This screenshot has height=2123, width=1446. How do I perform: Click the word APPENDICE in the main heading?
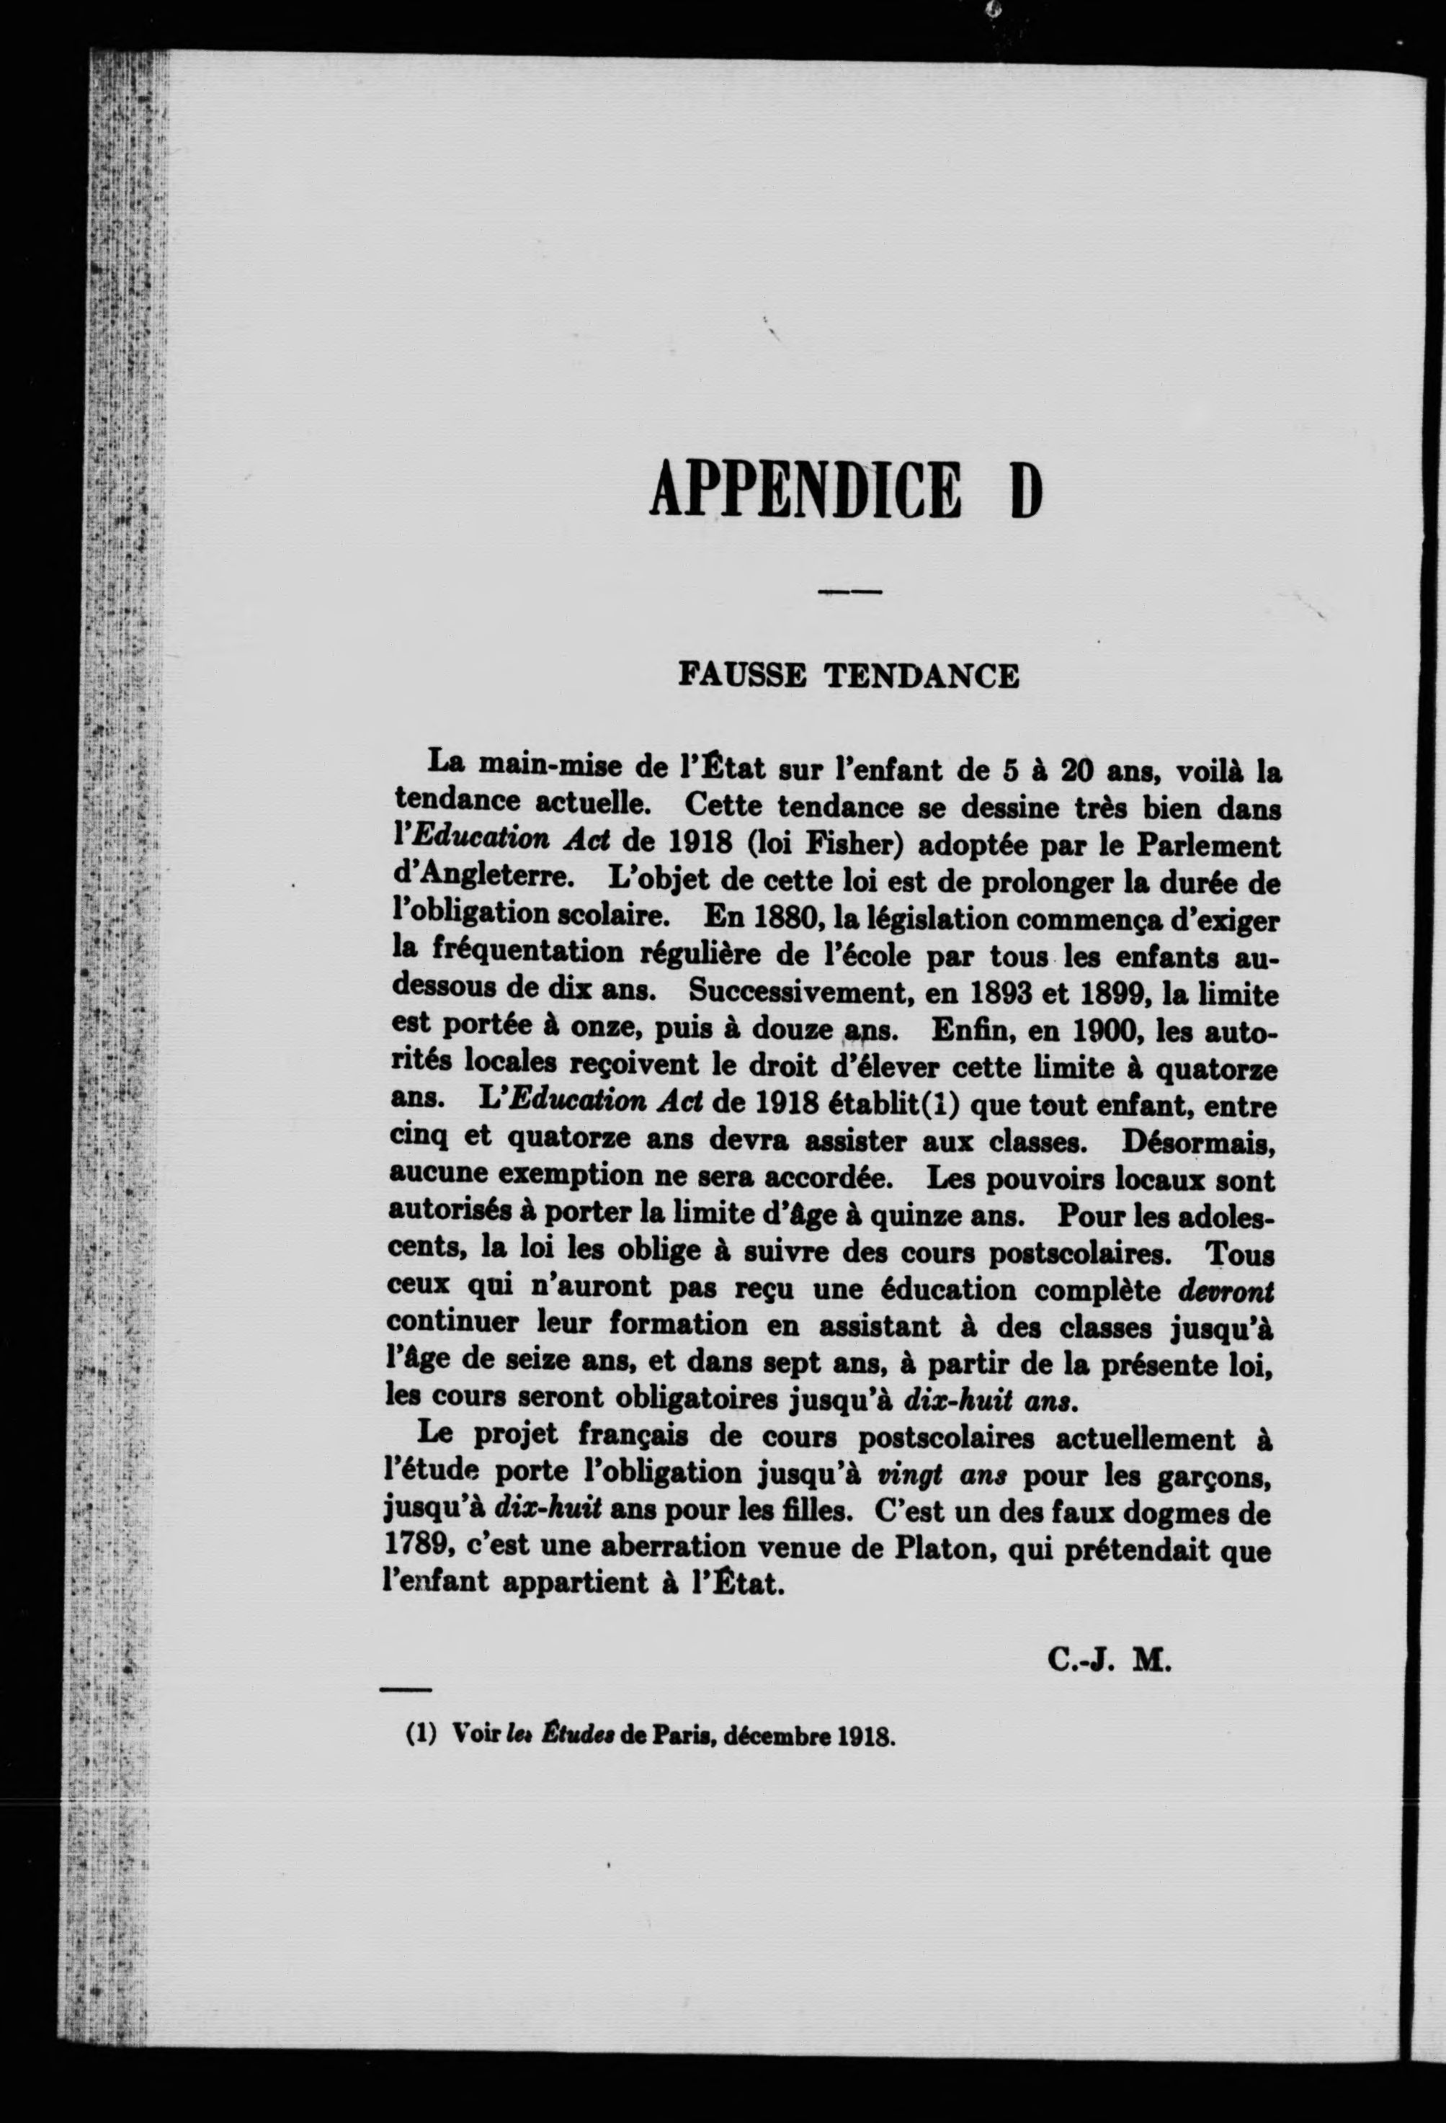805,490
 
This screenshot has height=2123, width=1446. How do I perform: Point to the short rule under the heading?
849,593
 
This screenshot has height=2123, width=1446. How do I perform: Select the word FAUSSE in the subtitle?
743,675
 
